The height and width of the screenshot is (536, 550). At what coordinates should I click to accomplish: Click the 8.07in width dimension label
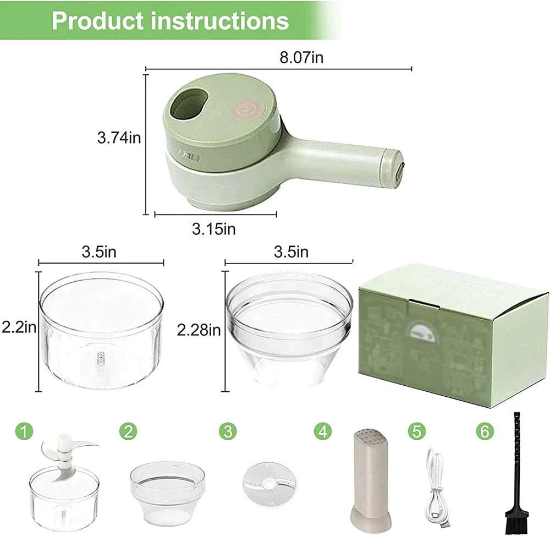301,58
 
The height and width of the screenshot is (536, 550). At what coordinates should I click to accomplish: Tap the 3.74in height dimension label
119,138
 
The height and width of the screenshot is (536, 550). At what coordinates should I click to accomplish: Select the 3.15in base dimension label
213,228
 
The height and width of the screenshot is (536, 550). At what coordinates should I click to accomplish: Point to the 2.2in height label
18,329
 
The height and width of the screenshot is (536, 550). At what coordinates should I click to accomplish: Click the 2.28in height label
199,330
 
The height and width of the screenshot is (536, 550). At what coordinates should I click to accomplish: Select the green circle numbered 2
128,431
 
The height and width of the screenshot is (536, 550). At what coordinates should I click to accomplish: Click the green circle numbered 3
227,431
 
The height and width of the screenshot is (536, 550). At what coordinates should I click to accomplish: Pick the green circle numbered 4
323,431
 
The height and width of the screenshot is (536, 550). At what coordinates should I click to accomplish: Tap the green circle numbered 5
417,431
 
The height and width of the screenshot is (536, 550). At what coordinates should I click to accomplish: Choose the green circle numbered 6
484,431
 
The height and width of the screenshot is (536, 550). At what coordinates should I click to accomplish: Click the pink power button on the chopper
244,108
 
